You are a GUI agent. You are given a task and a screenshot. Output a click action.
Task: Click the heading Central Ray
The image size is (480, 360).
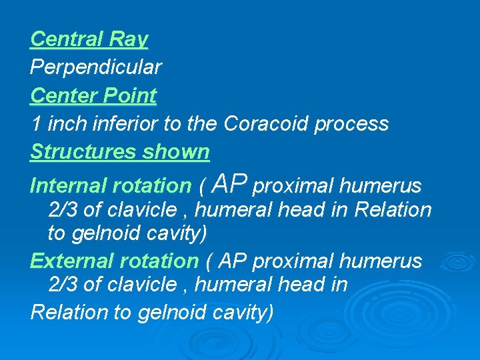(x=89, y=39)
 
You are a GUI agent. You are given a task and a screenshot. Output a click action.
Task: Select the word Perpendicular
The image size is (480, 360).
(x=95, y=67)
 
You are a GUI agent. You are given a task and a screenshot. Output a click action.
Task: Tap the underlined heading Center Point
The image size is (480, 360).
(x=93, y=95)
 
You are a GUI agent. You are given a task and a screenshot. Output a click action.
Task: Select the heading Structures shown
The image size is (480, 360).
(x=120, y=152)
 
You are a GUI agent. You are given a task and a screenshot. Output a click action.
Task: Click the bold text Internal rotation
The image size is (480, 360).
(x=111, y=185)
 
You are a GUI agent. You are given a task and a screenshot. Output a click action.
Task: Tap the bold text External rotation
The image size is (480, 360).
(x=114, y=261)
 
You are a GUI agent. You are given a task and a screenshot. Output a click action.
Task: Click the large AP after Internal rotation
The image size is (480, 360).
(x=233, y=183)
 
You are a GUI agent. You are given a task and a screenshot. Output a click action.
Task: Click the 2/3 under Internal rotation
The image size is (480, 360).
(x=63, y=210)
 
